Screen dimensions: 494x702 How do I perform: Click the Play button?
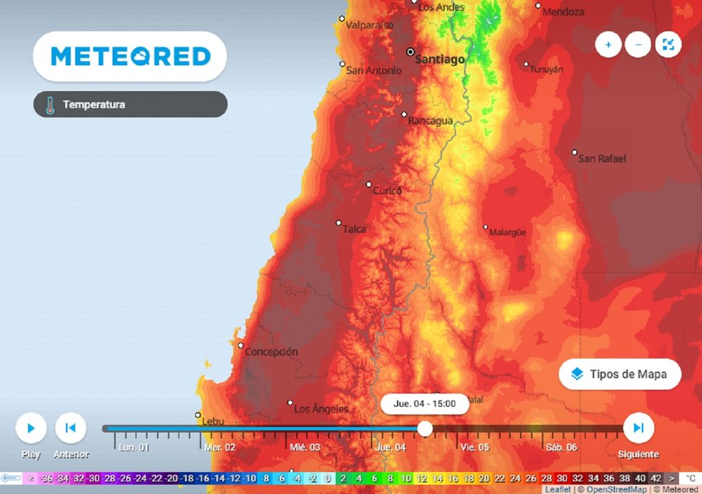tap(31, 428)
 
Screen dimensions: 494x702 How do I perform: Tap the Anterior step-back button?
tap(70, 428)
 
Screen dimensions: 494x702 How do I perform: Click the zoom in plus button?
tap(608, 45)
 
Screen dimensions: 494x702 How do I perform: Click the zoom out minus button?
tap(638, 45)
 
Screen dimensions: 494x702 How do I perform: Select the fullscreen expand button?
tap(668, 45)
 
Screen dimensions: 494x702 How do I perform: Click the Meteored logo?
tap(130, 56)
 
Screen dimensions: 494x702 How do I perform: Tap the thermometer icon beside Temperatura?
tap(49, 105)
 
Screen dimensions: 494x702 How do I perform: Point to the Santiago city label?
tap(440, 60)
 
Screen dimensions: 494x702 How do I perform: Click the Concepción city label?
tap(272, 352)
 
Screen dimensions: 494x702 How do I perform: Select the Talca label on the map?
tap(354, 229)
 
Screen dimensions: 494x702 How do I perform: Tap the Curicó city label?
tap(387, 191)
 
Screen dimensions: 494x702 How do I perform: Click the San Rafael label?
tap(603, 158)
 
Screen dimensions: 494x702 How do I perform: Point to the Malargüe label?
tap(507, 233)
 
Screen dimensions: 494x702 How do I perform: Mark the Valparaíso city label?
tap(370, 25)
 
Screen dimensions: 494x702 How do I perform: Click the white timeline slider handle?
tap(425, 429)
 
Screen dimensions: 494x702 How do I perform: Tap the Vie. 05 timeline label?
tap(474, 447)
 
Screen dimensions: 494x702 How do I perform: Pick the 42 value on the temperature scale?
tap(656, 478)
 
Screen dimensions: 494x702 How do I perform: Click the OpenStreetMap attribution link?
tap(616, 490)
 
